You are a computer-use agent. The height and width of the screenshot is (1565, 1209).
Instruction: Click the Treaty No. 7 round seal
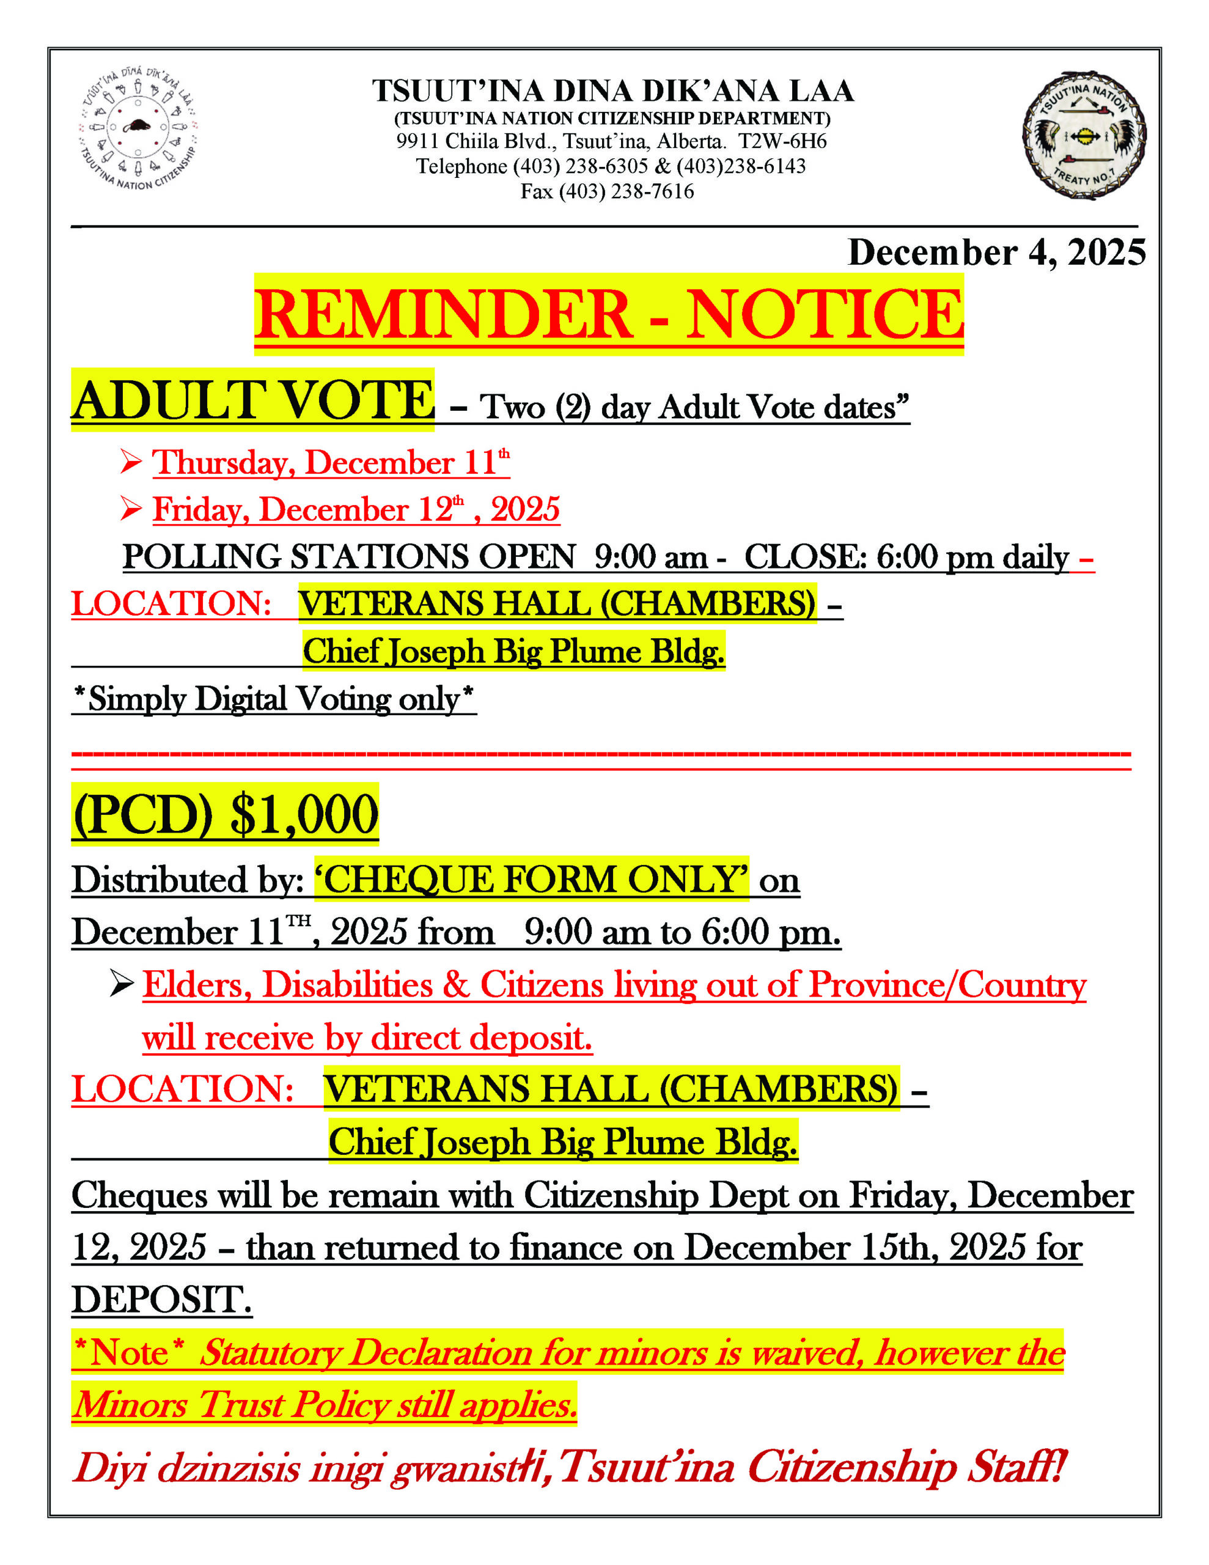(x=1084, y=134)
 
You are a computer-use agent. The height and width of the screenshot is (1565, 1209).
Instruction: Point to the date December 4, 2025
(x=996, y=253)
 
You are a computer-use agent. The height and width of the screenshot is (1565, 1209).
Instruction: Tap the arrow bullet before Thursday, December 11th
(x=131, y=462)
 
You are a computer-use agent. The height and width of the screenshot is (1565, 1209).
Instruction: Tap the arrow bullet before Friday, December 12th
(x=131, y=509)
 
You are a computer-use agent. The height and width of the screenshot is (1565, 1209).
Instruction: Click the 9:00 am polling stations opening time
(x=651, y=557)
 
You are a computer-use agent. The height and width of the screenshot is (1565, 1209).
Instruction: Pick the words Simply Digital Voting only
(x=274, y=699)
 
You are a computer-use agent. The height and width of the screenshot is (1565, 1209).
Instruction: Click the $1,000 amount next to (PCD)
(x=304, y=815)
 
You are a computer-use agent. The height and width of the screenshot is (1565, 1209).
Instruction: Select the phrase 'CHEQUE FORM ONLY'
(x=531, y=879)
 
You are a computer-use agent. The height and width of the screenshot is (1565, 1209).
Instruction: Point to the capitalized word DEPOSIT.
(x=161, y=1299)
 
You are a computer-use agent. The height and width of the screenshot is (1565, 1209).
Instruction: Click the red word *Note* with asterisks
(x=130, y=1353)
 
